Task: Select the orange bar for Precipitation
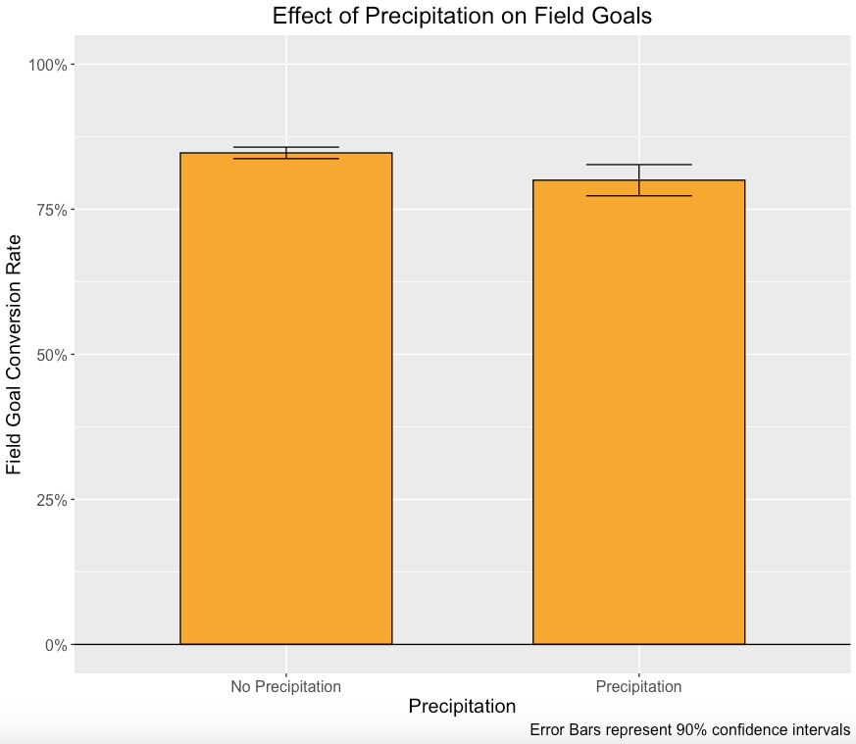tap(638, 412)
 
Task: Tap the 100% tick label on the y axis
tap(47, 65)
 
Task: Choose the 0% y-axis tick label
tap(55, 645)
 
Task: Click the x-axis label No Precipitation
tap(285, 686)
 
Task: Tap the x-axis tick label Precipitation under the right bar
tap(638, 686)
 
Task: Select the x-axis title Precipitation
tap(462, 706)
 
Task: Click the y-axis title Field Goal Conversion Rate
tap(14, 355)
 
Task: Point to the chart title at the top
tap(462, 16)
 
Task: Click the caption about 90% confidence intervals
tap(689, 730)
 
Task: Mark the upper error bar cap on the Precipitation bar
tap(638, 165)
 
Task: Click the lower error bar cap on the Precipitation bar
tap(638, 196)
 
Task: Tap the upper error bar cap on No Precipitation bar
tap(285, 147)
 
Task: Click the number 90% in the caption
tap(691, 730)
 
